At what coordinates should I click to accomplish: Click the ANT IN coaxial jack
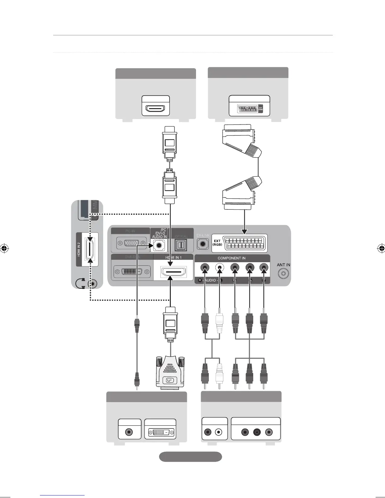(283, 274)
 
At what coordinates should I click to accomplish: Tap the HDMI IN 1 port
(173, 271)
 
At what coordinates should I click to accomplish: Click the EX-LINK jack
(203, 243)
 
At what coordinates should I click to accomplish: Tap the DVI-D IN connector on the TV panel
(132, 271)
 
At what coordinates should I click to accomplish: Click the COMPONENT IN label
(232, 258)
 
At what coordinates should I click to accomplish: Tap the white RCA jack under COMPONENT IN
(219, 268)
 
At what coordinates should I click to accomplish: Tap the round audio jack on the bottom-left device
(129, 432)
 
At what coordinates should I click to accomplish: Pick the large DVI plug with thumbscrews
(170, 373)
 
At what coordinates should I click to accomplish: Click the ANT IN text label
(283, 265)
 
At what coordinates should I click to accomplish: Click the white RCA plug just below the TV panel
(219, 323)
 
